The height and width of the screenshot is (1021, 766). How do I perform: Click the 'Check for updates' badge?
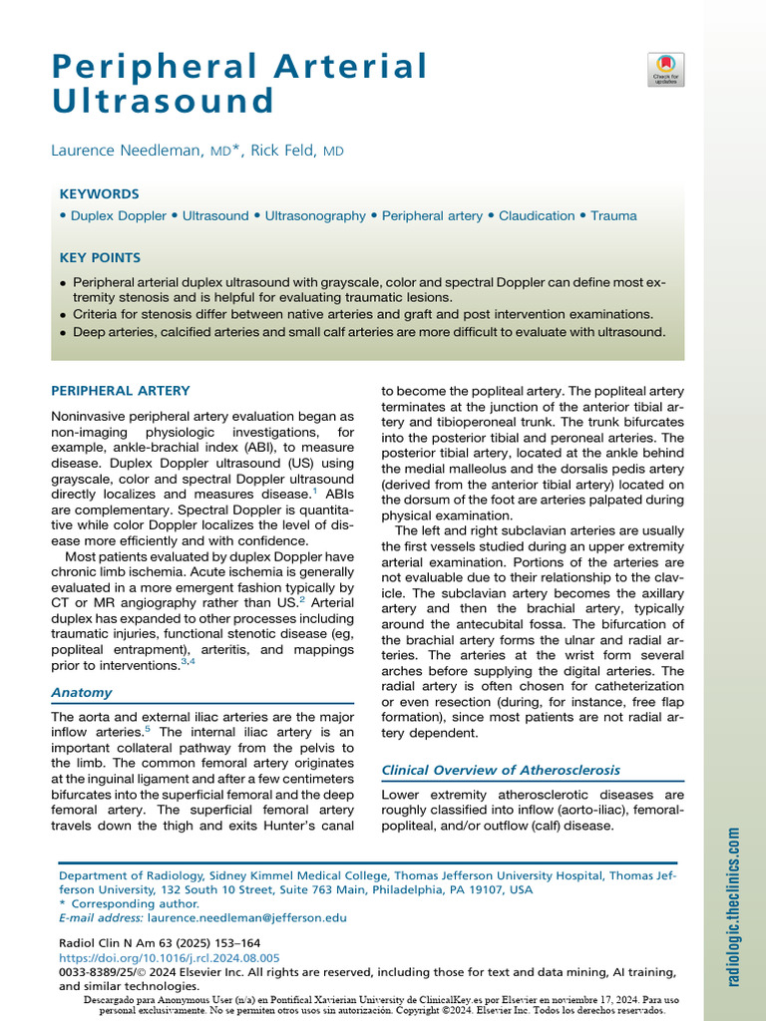[666, 69]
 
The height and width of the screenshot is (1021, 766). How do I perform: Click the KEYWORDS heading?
[100, 194]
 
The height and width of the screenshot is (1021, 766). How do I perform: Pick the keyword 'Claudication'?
[537, 215]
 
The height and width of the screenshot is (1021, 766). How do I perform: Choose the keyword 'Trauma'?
[613, 215]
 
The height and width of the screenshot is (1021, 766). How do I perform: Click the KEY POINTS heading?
[101, 257]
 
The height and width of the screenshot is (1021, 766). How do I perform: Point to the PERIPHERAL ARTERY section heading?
[121, 391]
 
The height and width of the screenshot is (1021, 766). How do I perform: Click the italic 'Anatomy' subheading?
[82, 692]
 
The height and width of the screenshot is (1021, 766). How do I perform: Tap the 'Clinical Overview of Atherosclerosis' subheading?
[501, 770]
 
